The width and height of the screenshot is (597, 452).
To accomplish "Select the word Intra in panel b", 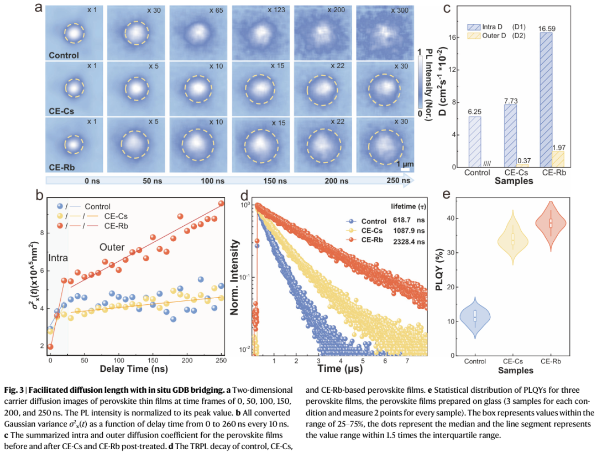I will coord(58,258).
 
